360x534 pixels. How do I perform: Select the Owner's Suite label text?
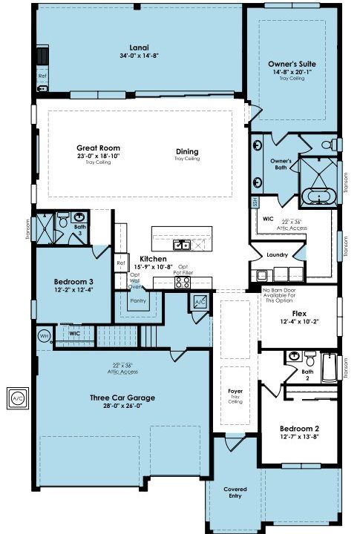[x=292, y=64]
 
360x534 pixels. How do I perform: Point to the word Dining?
[x=187, y=151]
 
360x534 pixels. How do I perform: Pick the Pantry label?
[x=138, y=301]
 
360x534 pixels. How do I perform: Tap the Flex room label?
[x=299, y=313]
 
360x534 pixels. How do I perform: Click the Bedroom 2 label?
[x=299, y=429]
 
